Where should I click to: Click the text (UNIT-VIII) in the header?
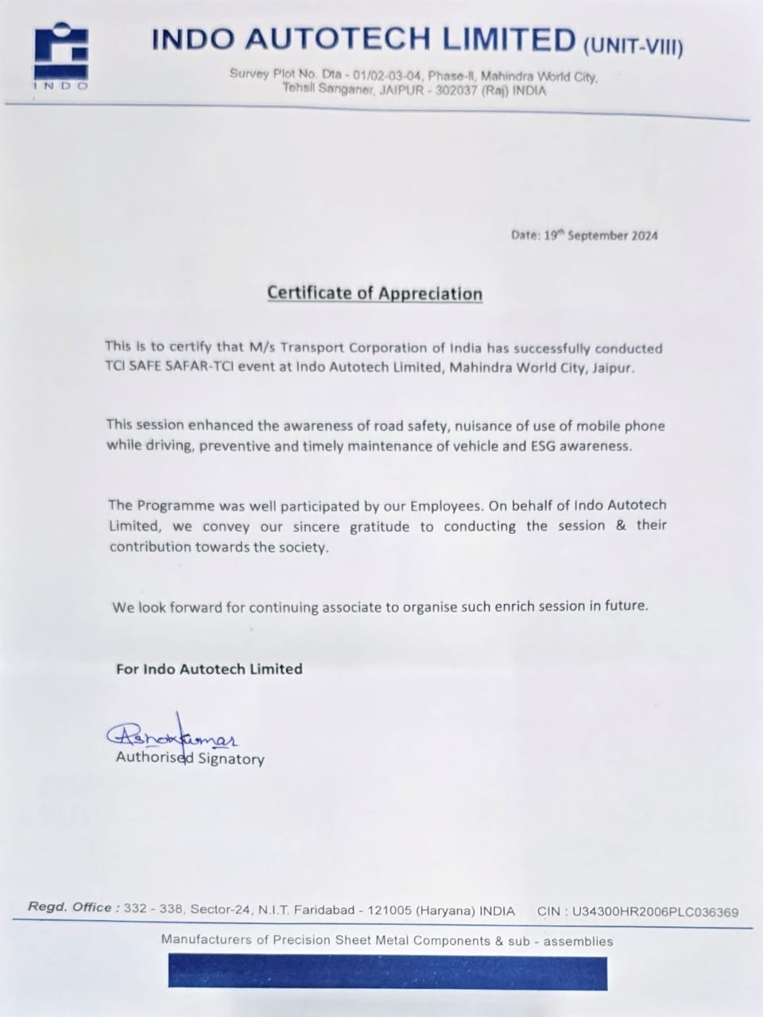pyautogui.click(x=633, y=46)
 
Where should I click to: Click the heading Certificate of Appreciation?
pyautogui.click(x=374, y=293)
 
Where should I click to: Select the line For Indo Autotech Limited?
pyautogui.click(x=209, y=669)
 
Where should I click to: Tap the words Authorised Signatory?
pyautogui.click(x=190, y=759)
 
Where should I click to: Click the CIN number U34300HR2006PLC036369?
pyautogui.click(x=654, y=912)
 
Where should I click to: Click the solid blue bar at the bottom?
pyautogui.click(x=387, y=973)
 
